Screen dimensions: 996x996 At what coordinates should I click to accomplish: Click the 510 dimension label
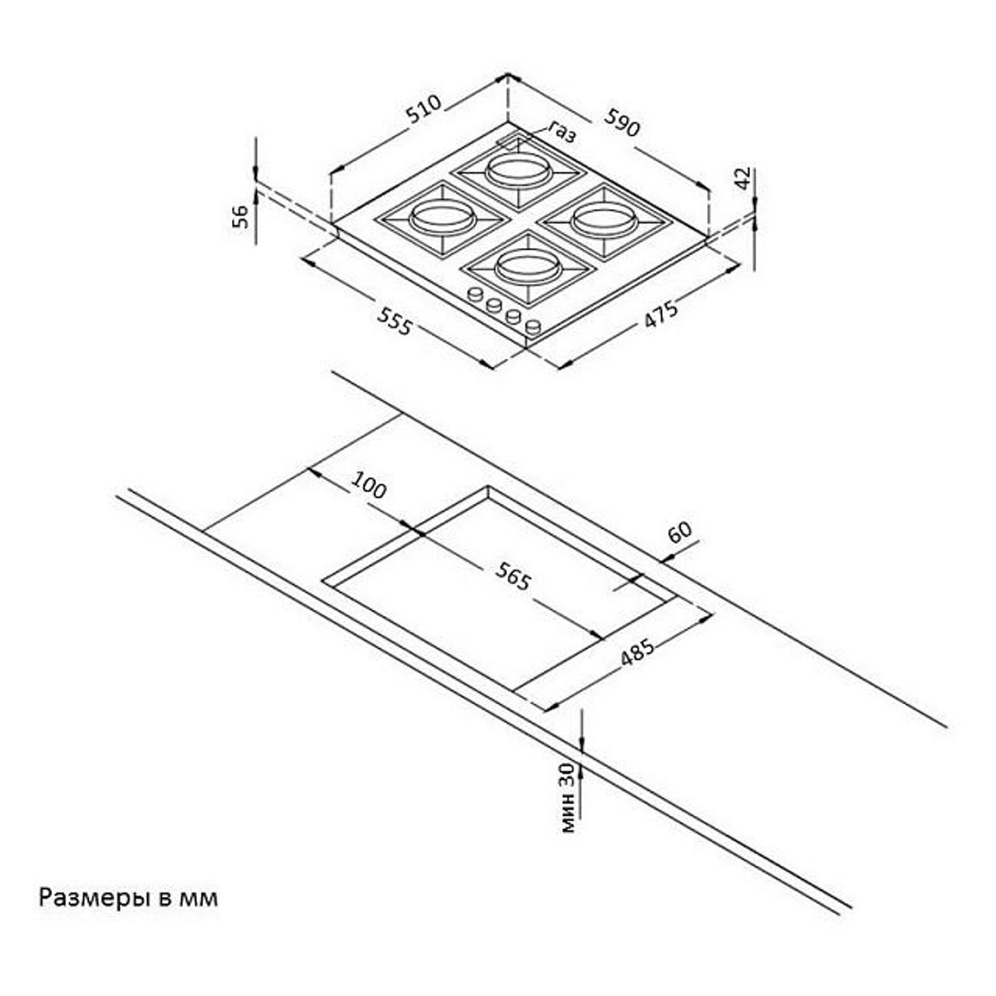424,109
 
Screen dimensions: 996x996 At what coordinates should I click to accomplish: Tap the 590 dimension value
622,122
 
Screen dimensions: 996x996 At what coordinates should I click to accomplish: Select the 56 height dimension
241,216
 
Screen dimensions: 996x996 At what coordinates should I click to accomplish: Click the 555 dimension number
395,320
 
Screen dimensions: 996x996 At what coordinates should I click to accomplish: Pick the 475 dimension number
661,313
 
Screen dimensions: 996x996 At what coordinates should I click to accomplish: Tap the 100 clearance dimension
369,485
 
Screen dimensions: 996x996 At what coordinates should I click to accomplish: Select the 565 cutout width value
513,576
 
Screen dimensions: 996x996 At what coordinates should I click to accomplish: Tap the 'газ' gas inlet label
562,133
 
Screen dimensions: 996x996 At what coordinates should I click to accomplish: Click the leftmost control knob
474,294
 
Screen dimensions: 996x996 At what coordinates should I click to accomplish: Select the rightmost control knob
533,326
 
